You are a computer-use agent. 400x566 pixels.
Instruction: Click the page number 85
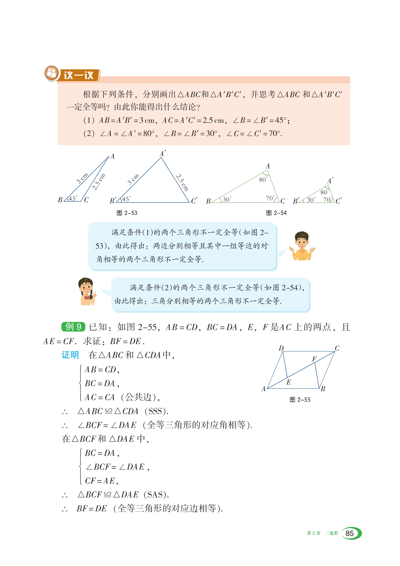(x=350, y=533)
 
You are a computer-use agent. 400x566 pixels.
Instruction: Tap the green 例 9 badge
(x=73, y=327)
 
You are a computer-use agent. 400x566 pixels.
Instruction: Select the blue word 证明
(x=70, y=355)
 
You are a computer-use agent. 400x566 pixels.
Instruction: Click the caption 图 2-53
(x=127, y=213)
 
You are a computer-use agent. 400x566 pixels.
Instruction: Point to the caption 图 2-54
(x=276, y=213)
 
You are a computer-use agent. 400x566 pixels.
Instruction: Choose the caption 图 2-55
(x=300, y=400)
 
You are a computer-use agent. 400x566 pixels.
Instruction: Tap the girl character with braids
(x=87, y=291)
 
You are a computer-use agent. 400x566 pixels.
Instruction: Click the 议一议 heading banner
(x=79, y=75)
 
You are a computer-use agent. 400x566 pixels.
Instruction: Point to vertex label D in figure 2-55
(x=281, y=348)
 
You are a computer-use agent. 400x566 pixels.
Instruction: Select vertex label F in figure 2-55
(x=314, y=359)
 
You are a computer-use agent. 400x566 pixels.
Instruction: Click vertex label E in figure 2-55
(x=289, y=382)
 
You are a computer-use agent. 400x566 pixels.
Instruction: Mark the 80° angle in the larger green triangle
(x=263, y=180)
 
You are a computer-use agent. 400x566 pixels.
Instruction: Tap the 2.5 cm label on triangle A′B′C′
(x=182, y=182)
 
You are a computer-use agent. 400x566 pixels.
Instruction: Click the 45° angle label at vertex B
(x=73, y=199)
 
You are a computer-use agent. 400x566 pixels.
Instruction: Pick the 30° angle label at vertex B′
(x=311, y=200)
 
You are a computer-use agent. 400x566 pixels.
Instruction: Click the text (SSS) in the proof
(x=156, y=411)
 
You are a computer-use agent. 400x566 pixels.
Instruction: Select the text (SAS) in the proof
(x=156, y=494)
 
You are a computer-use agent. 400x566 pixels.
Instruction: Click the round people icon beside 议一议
(x=52, y=73)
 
